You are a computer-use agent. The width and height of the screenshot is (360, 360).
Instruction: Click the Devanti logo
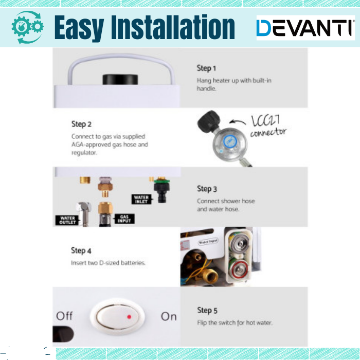tap(305, 28)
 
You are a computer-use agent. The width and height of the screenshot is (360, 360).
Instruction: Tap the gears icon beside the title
tap(27, 27)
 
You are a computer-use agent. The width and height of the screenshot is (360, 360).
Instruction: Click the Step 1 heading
tap(206, 68)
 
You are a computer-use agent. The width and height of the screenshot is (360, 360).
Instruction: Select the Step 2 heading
tap(81, 124)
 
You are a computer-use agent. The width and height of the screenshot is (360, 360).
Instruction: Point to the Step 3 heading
tap(207, 189)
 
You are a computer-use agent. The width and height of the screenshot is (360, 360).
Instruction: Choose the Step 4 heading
tap(81, 250)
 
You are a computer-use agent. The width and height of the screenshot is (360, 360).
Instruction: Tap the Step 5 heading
tap(207, 311)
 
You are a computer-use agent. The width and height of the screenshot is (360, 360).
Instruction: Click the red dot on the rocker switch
tap(129, 317)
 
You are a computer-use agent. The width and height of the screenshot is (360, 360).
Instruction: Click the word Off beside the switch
tap(64, 316)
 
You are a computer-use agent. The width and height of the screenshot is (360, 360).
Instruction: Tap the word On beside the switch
tap(169, 317)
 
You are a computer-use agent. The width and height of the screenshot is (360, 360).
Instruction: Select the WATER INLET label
tap(141, 200)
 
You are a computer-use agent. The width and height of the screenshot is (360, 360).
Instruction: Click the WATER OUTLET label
tap(67, 220)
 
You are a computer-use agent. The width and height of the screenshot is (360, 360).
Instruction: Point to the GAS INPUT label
tap(124, 219)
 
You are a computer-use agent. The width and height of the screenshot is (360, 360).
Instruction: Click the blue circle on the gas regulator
tap(229, 141)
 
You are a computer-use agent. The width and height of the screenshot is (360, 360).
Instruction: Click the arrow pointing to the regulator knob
tap(238, 122)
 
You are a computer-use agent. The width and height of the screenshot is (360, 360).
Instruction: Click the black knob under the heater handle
tap(120, 79)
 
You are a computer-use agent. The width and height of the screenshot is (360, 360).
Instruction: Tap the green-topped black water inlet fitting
tap(162, 190)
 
